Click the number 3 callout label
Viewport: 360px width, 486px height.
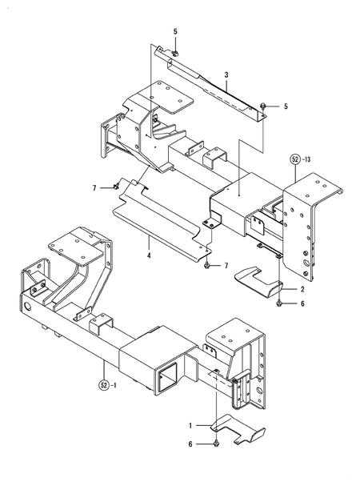226,74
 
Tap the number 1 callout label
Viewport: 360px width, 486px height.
190,426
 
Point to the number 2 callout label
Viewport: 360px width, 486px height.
303,287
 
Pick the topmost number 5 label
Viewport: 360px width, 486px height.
175,31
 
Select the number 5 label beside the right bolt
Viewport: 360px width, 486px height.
286,106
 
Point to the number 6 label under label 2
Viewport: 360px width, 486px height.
302,303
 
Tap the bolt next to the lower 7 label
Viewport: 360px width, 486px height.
207,263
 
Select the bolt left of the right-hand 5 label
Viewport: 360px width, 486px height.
264,105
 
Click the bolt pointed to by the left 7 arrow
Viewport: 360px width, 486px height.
116,187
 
